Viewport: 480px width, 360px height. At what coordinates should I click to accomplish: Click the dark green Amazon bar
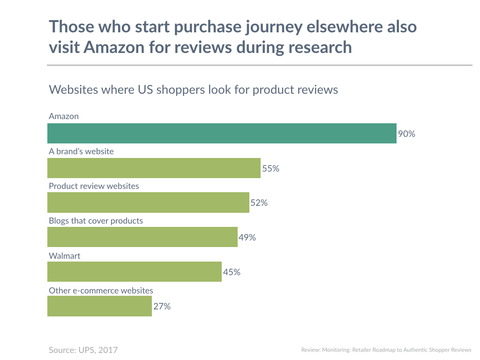coord(222,134)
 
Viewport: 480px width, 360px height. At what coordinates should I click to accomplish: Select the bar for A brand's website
coord(154,168)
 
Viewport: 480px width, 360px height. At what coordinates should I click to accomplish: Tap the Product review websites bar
coord(148,202)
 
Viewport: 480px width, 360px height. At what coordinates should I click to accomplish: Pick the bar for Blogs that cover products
coord(142,237)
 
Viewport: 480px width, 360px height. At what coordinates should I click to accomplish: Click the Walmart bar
coord(135,272)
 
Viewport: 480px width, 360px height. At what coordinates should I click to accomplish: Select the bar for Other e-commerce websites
coord(99,307)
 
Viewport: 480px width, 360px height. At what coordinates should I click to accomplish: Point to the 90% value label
coord(406,134)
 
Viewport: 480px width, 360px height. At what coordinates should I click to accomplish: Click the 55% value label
coord(270,169)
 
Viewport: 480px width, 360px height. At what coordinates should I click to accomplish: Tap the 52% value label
coord(259,203)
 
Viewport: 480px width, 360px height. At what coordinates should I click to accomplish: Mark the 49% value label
coord(247,238)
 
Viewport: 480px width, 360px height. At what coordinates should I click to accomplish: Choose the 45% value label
coord(232,272)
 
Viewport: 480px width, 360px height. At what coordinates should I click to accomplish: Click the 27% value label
coord(162,307)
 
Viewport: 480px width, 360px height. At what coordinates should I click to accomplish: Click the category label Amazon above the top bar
coord(64,116)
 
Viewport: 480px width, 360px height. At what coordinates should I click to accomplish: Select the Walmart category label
coord(65,256)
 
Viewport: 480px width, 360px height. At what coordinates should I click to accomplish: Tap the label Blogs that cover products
coord(96,220)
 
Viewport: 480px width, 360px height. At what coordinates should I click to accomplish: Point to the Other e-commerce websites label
coord(101,291)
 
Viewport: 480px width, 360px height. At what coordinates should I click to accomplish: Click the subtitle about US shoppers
coord(193,90)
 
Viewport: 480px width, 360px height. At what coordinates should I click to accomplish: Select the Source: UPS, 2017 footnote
coord(83,350)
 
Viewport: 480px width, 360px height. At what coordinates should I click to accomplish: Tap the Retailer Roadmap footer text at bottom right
coord(386,350)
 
